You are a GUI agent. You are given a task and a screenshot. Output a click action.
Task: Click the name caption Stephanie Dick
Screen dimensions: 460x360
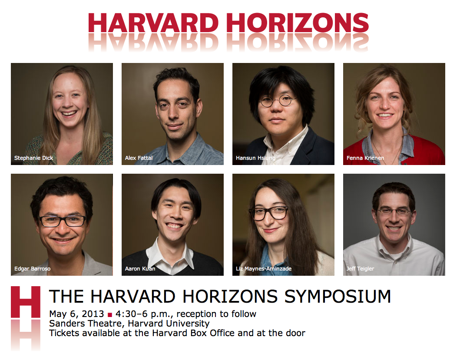(x=33, y=158)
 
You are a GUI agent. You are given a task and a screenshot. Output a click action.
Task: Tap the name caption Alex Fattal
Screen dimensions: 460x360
(x=139, y=158)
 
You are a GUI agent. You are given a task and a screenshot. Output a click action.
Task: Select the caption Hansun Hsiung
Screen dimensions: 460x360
(x=255, y=158)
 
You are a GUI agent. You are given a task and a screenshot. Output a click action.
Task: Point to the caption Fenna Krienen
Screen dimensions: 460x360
(x=365, y=158)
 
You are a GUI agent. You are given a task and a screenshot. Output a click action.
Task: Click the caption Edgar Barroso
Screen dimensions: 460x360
(x=32, y=269)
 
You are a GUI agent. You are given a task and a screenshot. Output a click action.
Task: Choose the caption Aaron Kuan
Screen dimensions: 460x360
(x=140, y=269)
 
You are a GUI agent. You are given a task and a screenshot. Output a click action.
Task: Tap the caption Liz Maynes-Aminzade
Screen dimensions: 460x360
(x=264, y=269)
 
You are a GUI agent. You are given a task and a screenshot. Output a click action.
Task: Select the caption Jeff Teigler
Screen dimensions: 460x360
(x=360, y=269)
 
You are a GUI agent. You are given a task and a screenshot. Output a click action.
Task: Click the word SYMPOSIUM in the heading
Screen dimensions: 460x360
(x=338, y=296)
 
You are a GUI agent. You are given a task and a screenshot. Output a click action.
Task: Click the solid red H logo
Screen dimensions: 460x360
(x=26, y=302)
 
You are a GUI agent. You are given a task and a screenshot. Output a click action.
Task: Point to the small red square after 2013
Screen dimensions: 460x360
(x=110, y=315)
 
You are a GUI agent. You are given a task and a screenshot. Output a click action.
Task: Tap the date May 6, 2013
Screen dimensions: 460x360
(x=76, y=314)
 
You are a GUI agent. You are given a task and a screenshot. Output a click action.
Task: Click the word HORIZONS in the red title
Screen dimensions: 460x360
(x=298, y=23)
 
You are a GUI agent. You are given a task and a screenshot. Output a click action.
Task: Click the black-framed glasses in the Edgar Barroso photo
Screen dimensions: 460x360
(x=63, y=221)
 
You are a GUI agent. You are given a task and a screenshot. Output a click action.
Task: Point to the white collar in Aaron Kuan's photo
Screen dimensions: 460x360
(x=169, y=254)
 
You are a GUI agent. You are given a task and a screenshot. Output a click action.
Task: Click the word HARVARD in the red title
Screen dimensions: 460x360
(x=153, y=23)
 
